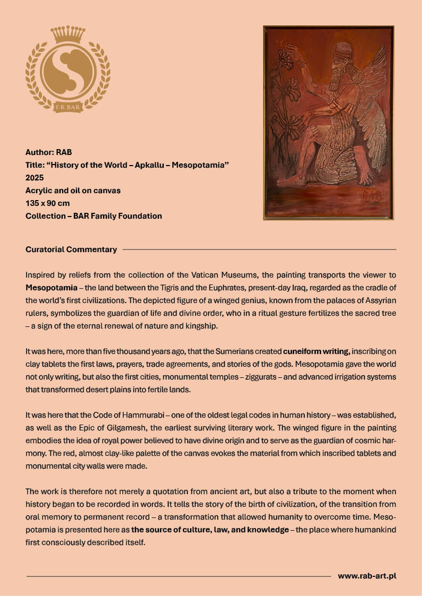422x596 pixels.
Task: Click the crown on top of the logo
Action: point(67,34)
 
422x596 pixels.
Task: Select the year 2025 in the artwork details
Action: point(35,178)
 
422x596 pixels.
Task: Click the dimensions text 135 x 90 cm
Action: point(47,203)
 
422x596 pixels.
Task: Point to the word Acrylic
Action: point(39,191)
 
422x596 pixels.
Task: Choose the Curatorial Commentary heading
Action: point(71,249)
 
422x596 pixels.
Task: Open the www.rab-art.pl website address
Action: point(367,576)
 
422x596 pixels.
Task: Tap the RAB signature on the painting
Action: point(373,196)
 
